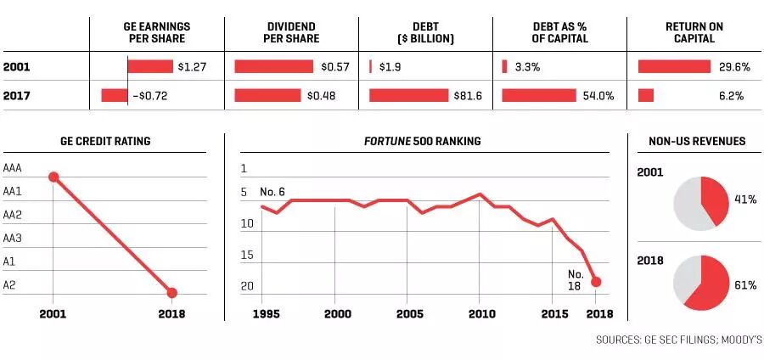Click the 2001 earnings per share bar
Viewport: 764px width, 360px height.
(x=150, y=66)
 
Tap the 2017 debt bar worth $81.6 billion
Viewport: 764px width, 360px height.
(x=408, y=96)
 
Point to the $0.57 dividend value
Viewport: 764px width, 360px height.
(x=324, y=66)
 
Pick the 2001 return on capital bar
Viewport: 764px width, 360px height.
(x=674, y=66)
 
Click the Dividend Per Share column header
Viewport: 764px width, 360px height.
(x=291, y=32)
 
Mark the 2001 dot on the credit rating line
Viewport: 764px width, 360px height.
(x=53, y=177)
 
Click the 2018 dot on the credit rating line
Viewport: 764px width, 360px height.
(x=171, y=293)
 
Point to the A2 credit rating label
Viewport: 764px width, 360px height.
(x=9, y=285)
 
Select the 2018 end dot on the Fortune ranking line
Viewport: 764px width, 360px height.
(x=596, y=282)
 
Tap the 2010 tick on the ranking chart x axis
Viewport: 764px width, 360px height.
(x=480, y=312)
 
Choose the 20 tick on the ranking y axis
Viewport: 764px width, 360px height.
(x=246, y=287)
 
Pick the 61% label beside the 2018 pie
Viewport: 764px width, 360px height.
(x=744, y=285)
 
